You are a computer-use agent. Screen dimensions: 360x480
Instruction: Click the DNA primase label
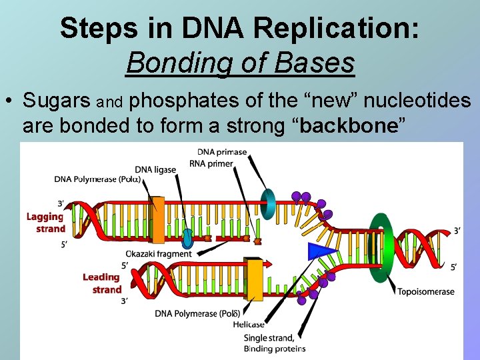tap(222, 152)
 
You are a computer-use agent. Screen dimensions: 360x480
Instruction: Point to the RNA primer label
tap(211, 163)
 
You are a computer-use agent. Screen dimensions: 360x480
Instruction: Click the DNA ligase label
tap(155, 169)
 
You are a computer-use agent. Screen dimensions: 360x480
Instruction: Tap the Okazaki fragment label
tap(158, 254)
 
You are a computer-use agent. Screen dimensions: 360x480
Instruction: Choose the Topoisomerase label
tap(426, 291)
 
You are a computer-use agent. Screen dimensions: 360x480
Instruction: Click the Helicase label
tap(249, 325)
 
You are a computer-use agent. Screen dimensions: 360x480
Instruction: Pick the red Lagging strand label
tap(45, 223)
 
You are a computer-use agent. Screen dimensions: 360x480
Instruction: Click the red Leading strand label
tap(101, 283)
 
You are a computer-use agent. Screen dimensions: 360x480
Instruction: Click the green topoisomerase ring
tap(381, 248)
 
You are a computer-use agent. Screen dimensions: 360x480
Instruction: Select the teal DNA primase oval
tap(267, 203)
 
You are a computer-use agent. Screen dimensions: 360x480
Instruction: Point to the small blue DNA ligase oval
tap(187, 237)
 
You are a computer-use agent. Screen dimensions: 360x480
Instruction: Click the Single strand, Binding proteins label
tap(274, 343)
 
